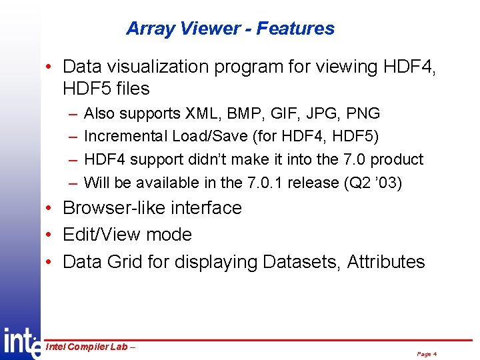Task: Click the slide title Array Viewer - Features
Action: pyautogui.click(x=230, y=29)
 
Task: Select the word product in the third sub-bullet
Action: pyautogui.click(x=397, y=160)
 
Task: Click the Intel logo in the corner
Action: pyautogui.click(x=21, y=343)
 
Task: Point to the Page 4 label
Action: pyautogui.click(x=426, y=354)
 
